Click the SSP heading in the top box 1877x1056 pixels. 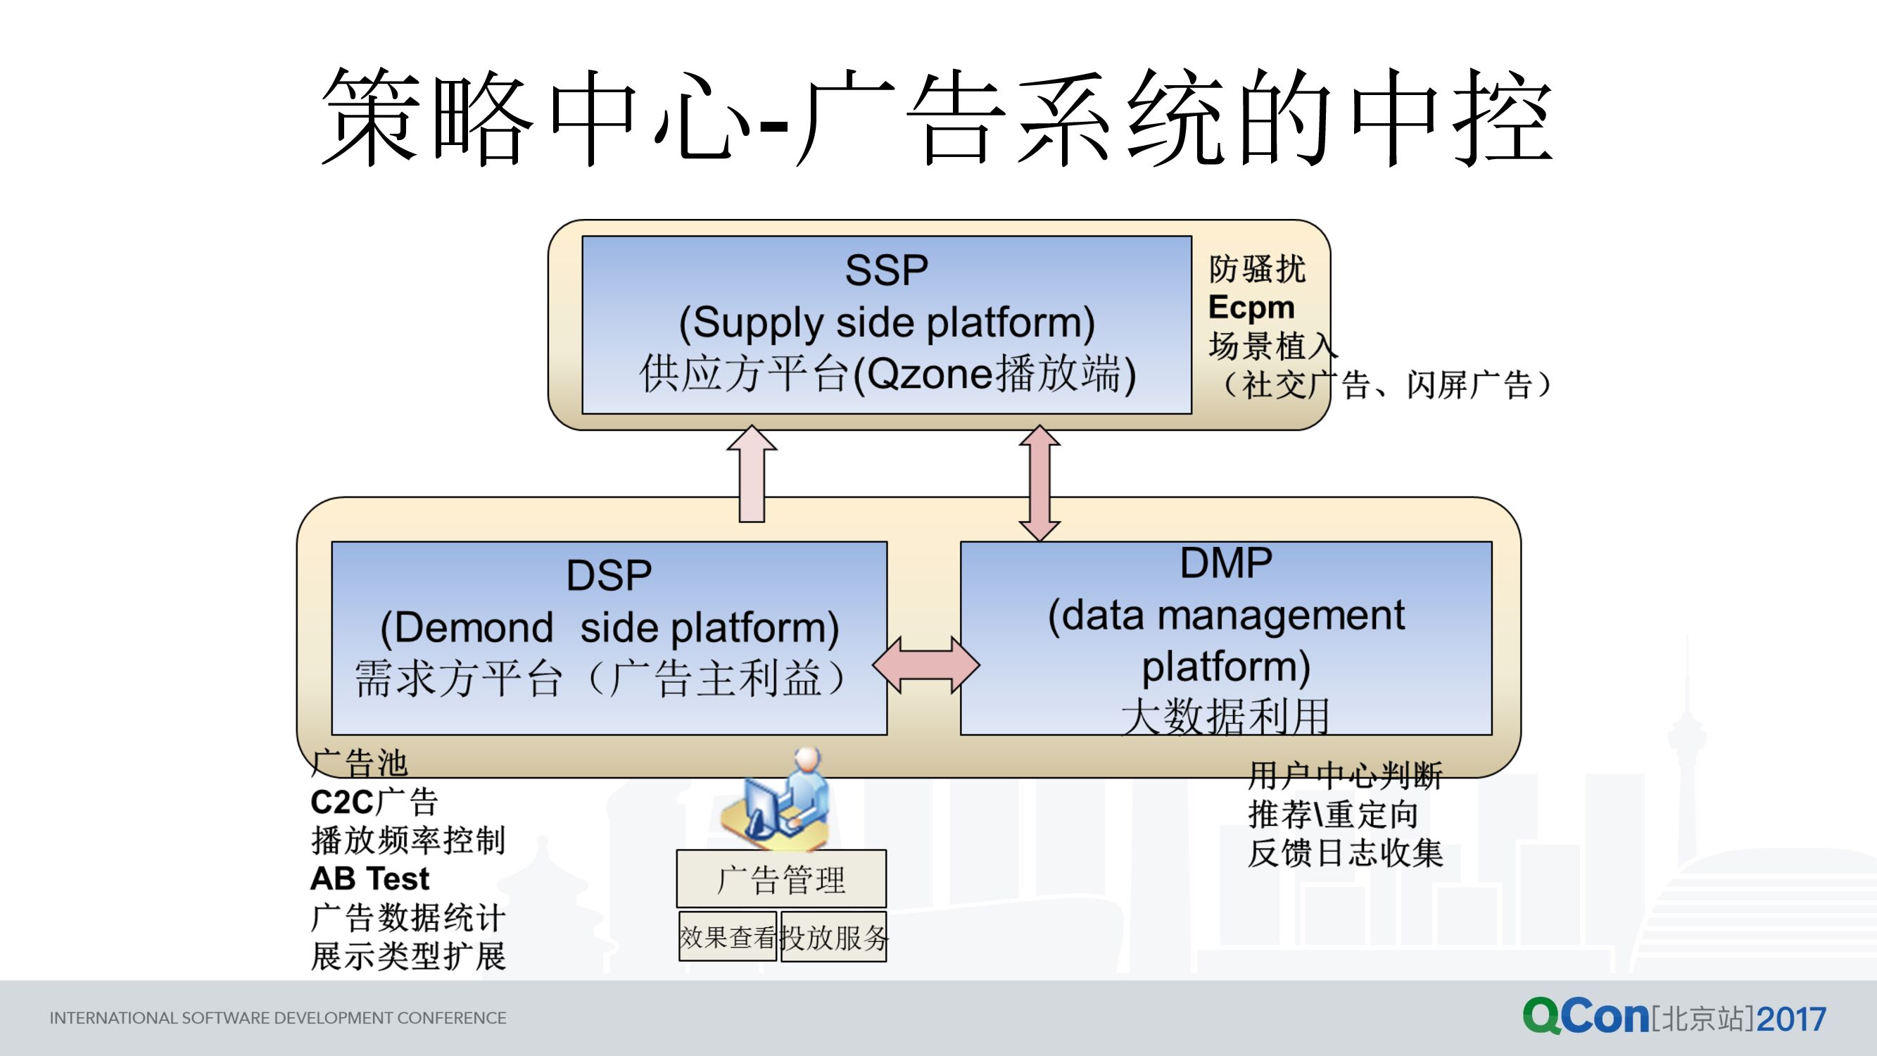click(x=886, y=270)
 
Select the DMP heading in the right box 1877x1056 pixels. click(x=1225, y=563)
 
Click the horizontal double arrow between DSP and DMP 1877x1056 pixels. click(x=925, y=665)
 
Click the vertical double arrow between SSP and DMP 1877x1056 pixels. click(x=1039, y=482)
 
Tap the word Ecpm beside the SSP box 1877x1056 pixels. click(x=1251, y=308)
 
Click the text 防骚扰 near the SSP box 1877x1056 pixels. click(x=1257, y=269)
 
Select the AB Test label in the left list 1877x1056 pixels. click(x=369, y=879)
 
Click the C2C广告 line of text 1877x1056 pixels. click(x=374, y=803)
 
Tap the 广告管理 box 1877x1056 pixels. click(x=781, y=879)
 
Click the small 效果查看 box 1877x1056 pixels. click(x=727, y=937)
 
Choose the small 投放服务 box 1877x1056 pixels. click(x=833, y=937)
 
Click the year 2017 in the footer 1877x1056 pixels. click(x=1791, y=1019)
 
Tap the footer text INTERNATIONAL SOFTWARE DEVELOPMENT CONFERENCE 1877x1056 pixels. click(x=277, y=1018)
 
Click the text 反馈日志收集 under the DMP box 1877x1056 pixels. click(x=1345, y=853)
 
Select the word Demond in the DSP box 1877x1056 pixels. click(x=474, y=628)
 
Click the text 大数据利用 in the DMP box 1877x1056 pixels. click(x=1225, y=717)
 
